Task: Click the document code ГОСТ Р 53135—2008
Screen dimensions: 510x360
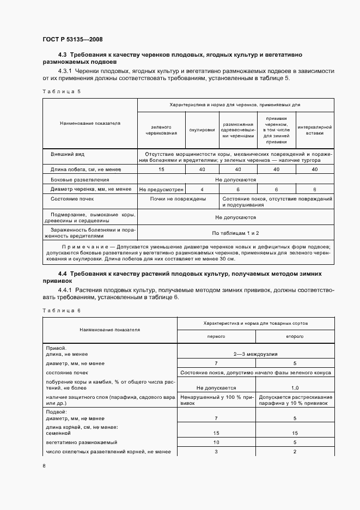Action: pos(72,39)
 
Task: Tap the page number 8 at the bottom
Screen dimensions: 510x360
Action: pos(44,466)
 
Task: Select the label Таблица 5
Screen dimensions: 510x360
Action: pos(61,91)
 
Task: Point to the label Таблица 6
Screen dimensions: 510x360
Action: pos(61,310)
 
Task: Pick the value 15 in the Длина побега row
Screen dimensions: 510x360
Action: pos(161,169)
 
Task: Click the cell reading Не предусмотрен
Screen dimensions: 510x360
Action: pos(161,189)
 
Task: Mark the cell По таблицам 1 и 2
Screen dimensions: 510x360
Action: pos(235,233)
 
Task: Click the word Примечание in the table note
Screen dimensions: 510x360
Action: pos(75,247)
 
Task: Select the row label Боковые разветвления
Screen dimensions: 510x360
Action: pos(80,179)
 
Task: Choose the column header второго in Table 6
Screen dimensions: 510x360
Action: pos(295,337)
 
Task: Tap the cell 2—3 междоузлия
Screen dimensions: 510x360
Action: pos(255,354)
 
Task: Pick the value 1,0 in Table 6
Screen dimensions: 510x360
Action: pos(295,387)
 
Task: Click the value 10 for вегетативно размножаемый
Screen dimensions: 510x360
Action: pos(216,442)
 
